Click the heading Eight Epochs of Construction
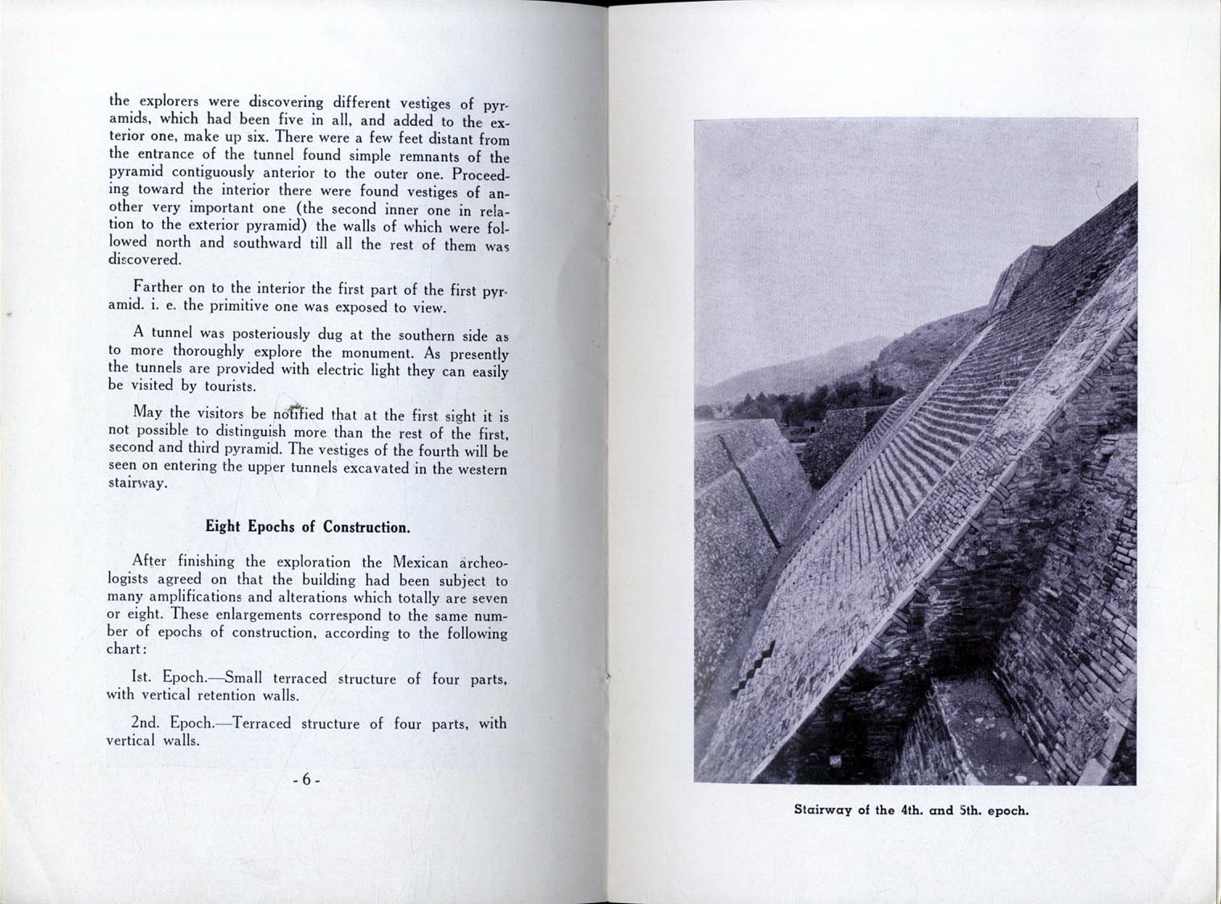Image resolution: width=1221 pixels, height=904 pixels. coord(308,528)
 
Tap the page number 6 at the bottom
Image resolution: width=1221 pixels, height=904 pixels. coord(306,780)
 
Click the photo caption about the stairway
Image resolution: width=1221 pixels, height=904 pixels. coord(911,810)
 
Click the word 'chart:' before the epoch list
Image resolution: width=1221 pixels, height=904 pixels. coord(125,650)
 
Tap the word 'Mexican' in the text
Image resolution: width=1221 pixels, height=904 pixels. coord(420,562)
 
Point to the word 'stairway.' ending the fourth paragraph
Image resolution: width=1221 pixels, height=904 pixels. coord(137,484)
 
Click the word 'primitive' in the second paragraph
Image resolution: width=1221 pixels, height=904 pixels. coord(244,306)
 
